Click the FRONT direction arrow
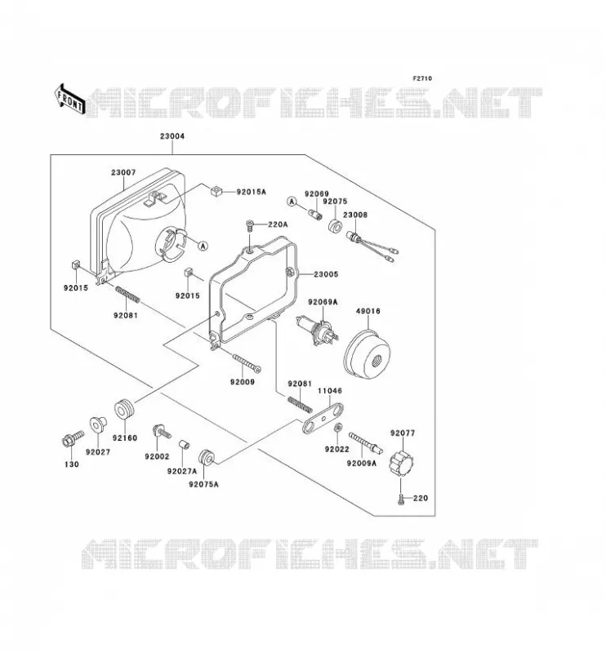[x=69, y=100]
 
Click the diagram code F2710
[x=422, y=78]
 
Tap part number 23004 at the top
[x=172, y=136]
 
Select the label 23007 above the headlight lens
[x=123, y=172]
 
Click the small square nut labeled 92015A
[x=216, y=191]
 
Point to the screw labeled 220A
[x=250, y=225]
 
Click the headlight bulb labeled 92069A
[x=317, y=331]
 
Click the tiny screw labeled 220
[x=401, y=499]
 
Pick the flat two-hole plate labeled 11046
[x=323, y=418]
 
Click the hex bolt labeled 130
[x=73, y=439]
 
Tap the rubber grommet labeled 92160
[x=124, y=410]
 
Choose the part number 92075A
[x=203, y=484]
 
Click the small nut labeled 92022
[x=339, y=427]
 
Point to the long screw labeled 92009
[x=247, y=362]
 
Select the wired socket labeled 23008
[x=372, y=247]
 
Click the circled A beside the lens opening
[x=203, y=247]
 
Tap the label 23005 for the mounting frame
[x=326, y=274]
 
